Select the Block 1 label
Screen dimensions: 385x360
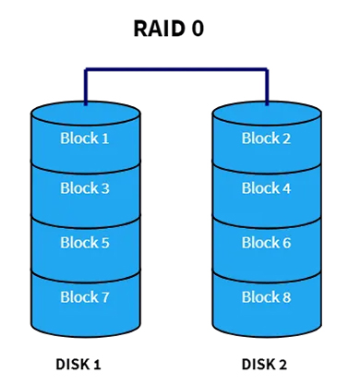click(85, 138)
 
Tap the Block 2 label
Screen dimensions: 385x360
click(266, 138)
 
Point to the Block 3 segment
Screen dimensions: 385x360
click(85, 188)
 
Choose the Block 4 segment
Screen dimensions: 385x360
click(266, 188)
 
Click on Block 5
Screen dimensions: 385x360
click(85, 243)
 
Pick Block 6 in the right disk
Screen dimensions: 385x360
click(266, 243)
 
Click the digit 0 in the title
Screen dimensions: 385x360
click(197, 28)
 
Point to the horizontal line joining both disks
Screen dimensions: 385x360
click(175, 69)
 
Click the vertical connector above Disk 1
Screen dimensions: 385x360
click(85, 85)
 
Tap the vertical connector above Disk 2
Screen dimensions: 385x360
click(267, 85)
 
